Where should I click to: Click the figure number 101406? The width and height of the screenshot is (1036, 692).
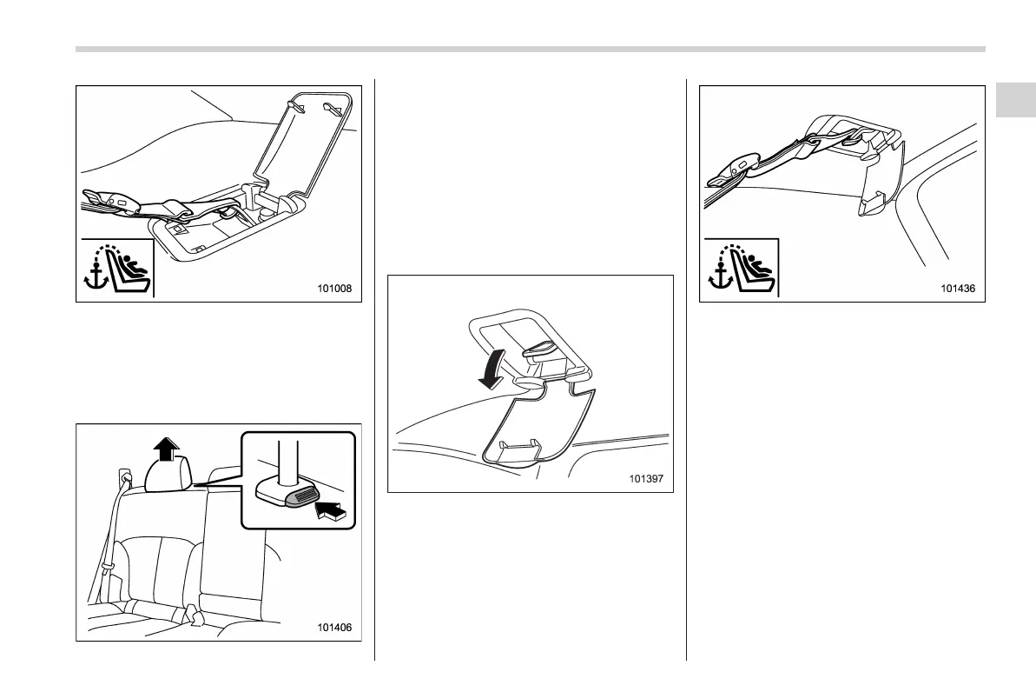click(x=333, y=627)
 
